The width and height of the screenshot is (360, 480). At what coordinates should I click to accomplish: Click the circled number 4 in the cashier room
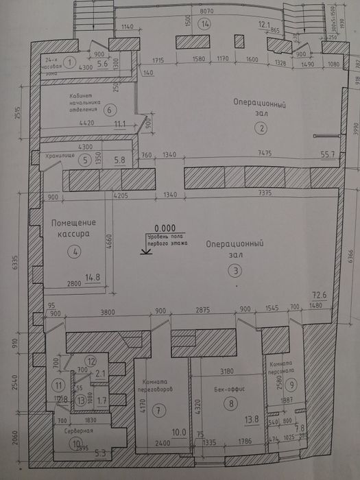(76, 252)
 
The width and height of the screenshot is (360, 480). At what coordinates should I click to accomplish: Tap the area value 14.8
(92, 278)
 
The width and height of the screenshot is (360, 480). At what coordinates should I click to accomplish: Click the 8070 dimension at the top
(206, 12)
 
